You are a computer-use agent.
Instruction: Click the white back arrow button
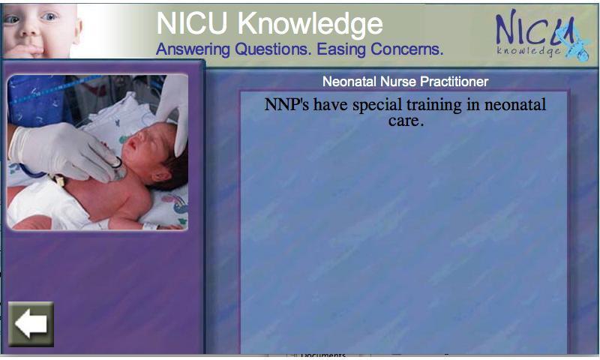click(x=31, y=324)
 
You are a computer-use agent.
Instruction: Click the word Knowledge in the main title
click(x=310, y=24)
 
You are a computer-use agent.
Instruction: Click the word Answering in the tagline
click(x=193, y=49)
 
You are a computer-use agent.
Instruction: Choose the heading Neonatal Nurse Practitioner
click(x=405, y=82)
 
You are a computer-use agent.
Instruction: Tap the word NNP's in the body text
click(x=286, y=104)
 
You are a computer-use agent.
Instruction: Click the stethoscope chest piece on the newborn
click(x=117, y=165)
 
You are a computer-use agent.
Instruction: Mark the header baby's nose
click(x=28, y=31)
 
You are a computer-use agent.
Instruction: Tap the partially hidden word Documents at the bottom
click(x=323, y=355)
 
